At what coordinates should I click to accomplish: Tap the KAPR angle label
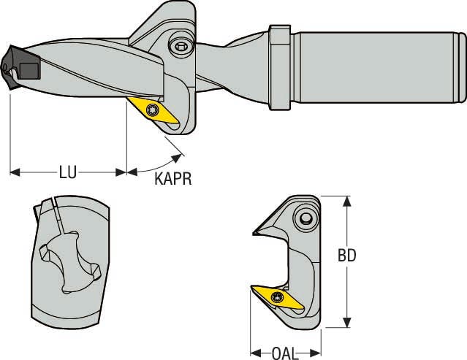tap(172, 179)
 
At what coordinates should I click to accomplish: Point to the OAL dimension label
tap(285, 353)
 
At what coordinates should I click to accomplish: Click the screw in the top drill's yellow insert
tap(153, 110)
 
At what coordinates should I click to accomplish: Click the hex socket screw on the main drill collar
tap(181, 46)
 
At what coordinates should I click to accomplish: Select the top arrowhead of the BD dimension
tap(347, 200)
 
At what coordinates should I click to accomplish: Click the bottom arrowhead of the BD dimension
tap(347, 325)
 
